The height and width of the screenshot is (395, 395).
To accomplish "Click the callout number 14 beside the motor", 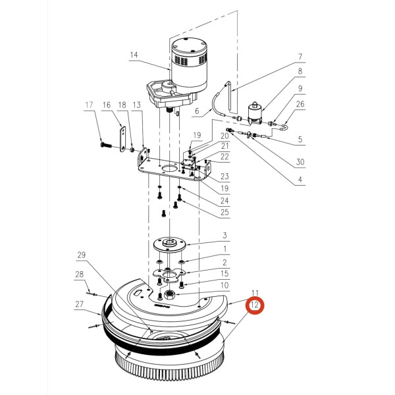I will [134, 55].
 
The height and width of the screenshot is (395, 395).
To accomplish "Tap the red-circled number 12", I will [254, 306].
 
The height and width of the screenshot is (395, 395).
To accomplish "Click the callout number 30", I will [300, 162].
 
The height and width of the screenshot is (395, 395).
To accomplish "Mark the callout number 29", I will [82, 255].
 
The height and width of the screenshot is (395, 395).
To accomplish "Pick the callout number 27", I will [80, 304].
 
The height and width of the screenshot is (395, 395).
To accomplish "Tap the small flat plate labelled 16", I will [122, 138].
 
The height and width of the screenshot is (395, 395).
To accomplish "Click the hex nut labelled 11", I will [169, 294].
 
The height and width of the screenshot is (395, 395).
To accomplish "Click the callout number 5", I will [300, 139].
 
